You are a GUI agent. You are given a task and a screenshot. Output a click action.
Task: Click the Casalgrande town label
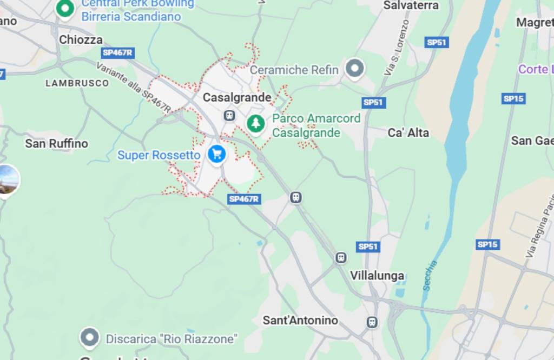(237, 98)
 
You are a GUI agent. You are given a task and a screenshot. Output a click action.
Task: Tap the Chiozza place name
(81, 39)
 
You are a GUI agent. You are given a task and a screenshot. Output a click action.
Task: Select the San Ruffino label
(56, 143)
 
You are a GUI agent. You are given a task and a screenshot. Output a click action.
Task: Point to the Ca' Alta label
(408, 132)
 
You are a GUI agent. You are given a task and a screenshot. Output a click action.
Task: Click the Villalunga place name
(377, 276)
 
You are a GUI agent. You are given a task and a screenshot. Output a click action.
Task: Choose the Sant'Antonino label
(300, 320)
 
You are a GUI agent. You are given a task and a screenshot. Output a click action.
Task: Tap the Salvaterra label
(411, 5)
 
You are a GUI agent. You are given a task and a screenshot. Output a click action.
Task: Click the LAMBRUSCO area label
(77, 83)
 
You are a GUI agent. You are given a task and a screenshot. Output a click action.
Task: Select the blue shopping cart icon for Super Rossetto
(217, 154)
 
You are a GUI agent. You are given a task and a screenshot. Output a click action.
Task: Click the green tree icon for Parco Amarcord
(256, 123)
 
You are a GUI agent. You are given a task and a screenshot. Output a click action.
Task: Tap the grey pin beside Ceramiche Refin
(355, 69)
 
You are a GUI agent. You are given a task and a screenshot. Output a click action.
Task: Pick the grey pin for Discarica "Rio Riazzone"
(89, 338)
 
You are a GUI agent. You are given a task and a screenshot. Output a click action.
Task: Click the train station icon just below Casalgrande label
(229, 115)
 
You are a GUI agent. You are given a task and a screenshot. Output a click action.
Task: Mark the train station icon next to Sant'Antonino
(372, 322)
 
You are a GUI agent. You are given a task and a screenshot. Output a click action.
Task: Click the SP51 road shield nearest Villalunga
(367, 246)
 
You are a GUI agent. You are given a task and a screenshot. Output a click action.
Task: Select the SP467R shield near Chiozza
(117, 52)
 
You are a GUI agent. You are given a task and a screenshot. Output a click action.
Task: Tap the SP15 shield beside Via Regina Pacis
(487, 244)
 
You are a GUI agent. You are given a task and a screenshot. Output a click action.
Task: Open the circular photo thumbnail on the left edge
(7, 180)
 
